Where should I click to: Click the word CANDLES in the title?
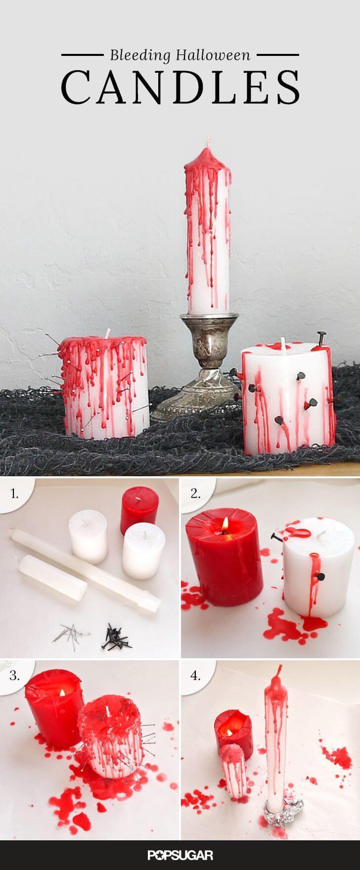[180, 87]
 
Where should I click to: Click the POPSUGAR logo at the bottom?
[180, 854]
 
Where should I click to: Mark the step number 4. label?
[196, 675]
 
